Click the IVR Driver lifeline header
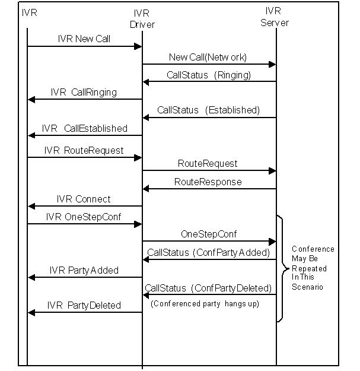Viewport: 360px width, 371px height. coord(142,19)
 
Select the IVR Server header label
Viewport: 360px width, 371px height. coord(275,17)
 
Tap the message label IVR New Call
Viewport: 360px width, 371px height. coord(84,39)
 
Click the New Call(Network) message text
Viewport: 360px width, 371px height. coord(208,57)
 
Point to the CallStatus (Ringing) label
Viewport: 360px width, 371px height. coord(209,75)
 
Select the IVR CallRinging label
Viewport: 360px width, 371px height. coord(84,92)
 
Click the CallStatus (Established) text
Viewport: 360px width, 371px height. coord(209,110)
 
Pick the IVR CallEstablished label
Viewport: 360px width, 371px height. coord(85,128)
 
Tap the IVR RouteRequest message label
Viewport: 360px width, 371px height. coord(84,151)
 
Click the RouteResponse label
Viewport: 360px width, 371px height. coord(208,182)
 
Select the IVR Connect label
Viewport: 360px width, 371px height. coord(84,199)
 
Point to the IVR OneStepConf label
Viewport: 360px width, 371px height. coord(84,217)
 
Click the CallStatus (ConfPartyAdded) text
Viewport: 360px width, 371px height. coord(209,253)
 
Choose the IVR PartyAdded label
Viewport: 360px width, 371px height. coord(84,271)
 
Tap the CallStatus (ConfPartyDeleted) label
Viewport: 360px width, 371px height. coord(208,288)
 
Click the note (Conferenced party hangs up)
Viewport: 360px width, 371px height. coord(205,303)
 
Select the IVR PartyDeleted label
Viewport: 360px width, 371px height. coord(84,306)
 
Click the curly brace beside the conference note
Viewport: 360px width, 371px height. coord(283,269)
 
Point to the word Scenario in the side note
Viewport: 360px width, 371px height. coord(307,287)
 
